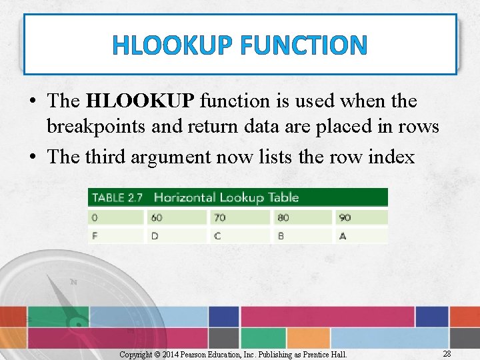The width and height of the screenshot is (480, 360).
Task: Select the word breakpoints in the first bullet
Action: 98,127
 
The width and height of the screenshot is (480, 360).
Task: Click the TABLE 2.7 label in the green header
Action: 117,197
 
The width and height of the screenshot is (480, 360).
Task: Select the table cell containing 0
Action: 116,217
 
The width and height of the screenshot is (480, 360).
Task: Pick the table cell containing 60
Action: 177,217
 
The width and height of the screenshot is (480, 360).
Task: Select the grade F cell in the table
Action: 116,235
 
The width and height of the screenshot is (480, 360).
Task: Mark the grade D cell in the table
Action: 177,235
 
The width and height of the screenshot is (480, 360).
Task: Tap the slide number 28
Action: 447,353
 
